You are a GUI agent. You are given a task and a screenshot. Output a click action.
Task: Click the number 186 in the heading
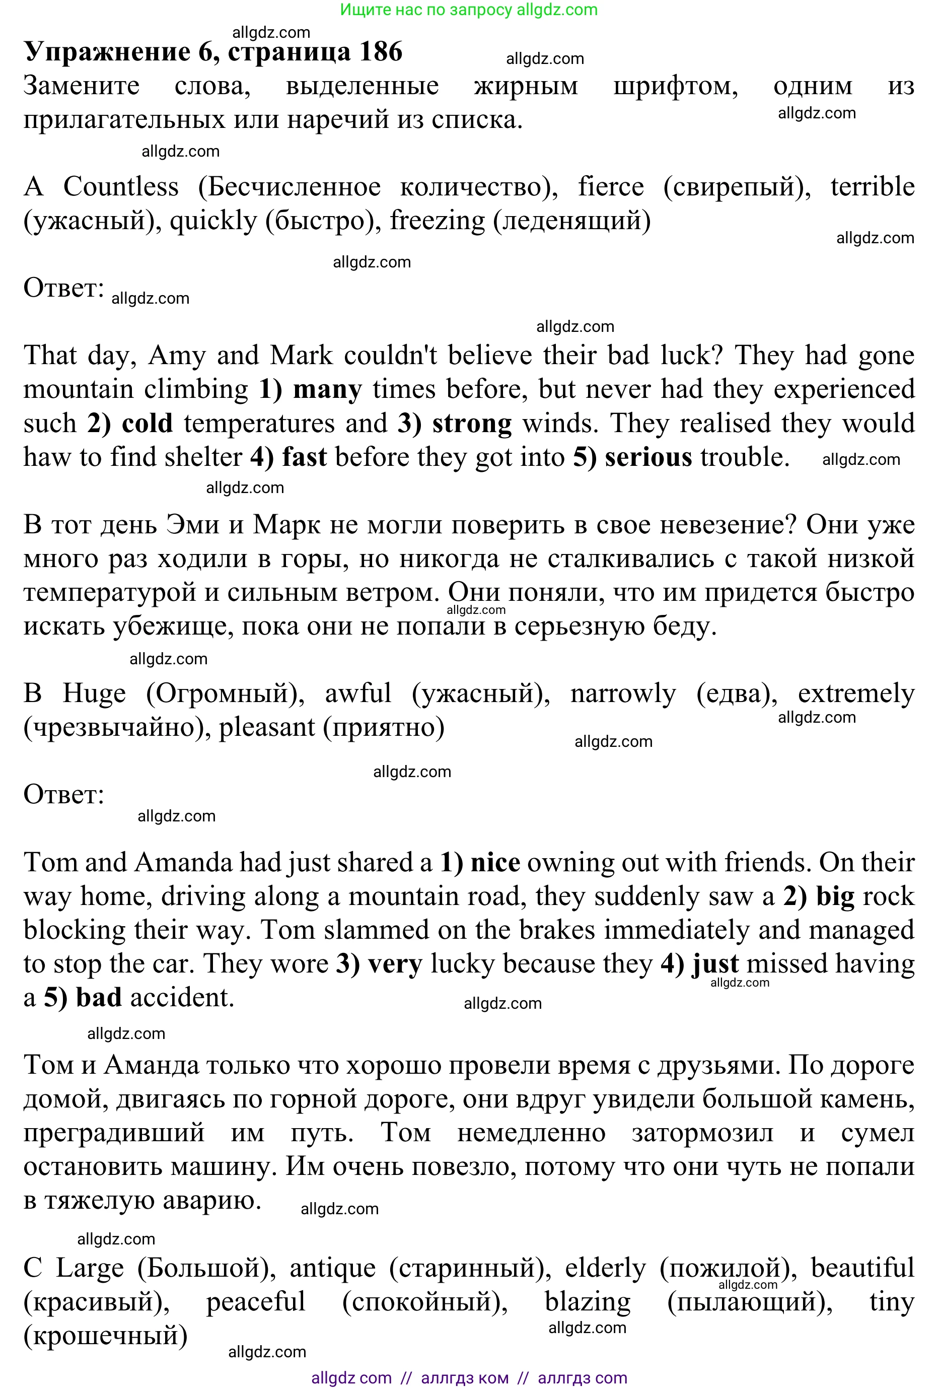[x=381, y=52]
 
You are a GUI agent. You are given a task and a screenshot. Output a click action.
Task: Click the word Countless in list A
[x=121, y=187]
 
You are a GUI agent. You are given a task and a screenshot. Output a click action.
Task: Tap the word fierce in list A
[x=611, y=187]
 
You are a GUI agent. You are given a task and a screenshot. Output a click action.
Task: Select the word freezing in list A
[x=437, y=221]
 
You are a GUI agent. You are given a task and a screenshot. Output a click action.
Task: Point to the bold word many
[x=327, y=389]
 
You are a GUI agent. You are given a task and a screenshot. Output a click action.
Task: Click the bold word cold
[x=147, y=424]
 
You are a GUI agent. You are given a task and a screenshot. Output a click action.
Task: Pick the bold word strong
[x=472, y=424]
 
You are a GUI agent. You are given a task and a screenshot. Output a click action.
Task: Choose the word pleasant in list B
[x=267, y=728]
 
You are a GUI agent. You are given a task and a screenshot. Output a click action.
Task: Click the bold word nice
[x=495, y=863]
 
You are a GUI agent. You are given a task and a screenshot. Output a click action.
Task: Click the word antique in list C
[x=332, y=1269]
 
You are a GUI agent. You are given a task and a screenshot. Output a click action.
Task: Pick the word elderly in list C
[x=605, y=1269]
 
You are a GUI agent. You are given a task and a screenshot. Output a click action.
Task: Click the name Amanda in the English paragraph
[x=183, y=863]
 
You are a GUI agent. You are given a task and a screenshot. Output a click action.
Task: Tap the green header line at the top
[x=469, y=10]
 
